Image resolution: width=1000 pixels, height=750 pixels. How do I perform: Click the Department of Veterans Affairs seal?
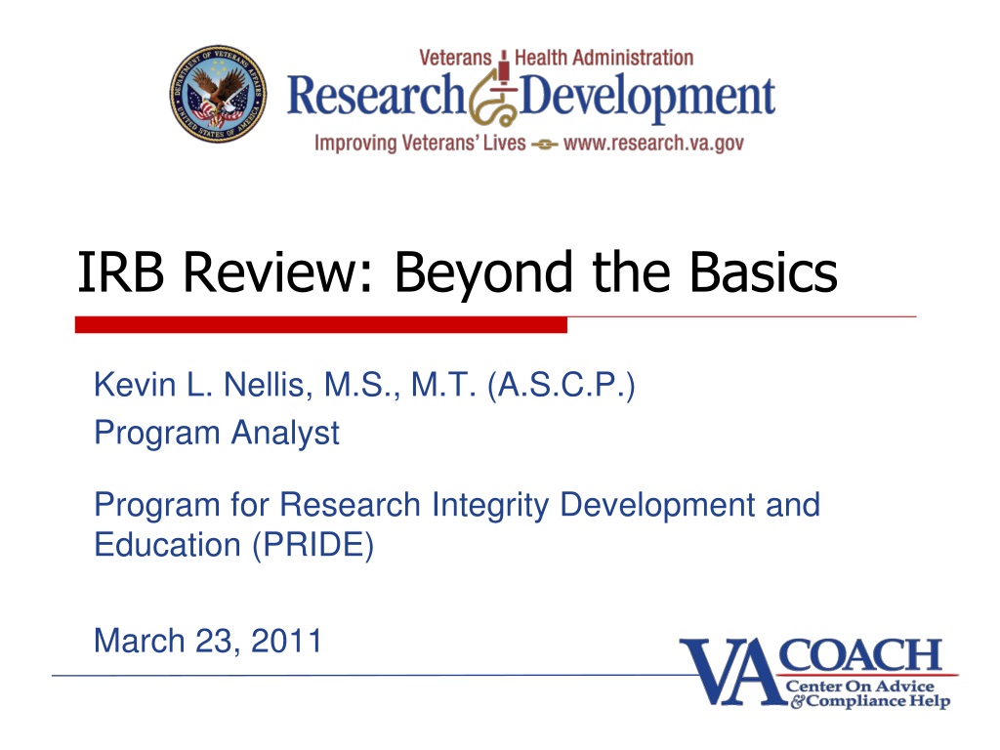point(218,94)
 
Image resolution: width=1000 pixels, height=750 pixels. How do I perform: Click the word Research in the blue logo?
point(376,96)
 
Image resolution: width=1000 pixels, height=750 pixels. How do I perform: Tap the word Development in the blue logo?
point(647,98)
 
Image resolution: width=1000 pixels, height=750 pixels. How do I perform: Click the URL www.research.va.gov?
point(653,143)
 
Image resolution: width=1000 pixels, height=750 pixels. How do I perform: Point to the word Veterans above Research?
point(455,58)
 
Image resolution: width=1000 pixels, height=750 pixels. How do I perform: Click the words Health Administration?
point(604,58)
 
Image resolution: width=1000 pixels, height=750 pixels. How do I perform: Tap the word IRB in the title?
point(120,271)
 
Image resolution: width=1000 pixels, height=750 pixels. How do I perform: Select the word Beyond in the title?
point(482,274)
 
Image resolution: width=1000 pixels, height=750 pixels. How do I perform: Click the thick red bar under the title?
point(320,324)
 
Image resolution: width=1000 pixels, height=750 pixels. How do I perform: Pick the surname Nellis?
point(268,385)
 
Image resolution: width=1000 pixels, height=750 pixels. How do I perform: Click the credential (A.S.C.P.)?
point(562,385)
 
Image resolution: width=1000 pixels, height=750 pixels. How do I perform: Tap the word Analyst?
point(285,434)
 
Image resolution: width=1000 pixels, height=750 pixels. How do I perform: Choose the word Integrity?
point(490,506)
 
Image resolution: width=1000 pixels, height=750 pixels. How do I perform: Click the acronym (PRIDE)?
point(313,546)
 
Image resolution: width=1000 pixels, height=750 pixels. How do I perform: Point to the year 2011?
point(286,641)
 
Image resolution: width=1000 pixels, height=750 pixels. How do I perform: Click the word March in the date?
point(139,641)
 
